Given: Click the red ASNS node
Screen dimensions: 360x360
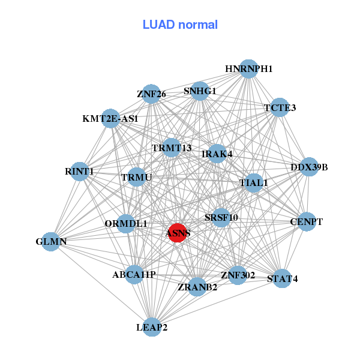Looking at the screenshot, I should click(x=177, y=232).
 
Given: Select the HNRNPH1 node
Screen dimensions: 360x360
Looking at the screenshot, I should click(x=248, y=69).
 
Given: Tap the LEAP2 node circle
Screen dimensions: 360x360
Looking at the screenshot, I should click(x=152, y=327).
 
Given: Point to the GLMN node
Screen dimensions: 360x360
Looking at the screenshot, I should click(x=51, y=242).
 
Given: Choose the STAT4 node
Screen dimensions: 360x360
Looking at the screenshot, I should click(x=282, y=278).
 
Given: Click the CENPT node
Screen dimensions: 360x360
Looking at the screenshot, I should click(x=306, y=222).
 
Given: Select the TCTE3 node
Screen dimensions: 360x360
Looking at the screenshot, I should click(x=280, y=108).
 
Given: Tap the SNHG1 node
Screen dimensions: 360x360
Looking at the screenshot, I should click(x=200, y=91).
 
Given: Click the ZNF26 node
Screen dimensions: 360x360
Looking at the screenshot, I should click(x=151, y=94).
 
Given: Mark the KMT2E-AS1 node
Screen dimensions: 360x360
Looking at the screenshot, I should click(x=110, y=119).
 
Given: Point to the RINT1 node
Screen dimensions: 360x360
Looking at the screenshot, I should click(x=79, y=172).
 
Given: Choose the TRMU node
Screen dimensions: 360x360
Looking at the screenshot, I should click(x=137, y=177).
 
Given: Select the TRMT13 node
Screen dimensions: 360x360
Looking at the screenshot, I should click(x=172, y=148).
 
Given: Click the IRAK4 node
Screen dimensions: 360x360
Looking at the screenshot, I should click(x=217, y=154).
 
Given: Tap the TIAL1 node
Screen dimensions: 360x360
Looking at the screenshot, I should click(x=254, y=182).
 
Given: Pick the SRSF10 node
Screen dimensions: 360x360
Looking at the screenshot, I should click(x=221, y=217).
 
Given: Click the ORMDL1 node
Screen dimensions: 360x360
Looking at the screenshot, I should click(x=126, y=224).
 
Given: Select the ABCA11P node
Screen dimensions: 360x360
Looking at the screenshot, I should click(x=134, y=275).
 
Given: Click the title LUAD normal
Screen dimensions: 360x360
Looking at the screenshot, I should click(x=180, y=25).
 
